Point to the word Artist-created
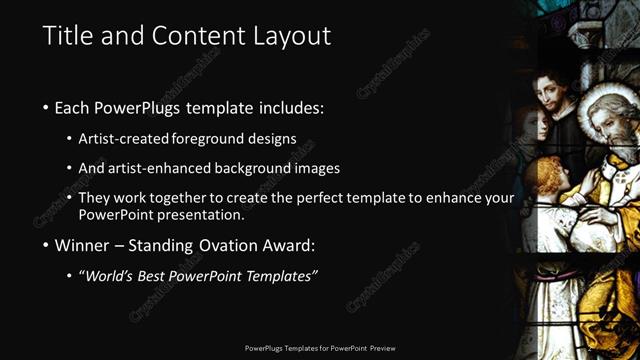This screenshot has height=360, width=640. (126, 138)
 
